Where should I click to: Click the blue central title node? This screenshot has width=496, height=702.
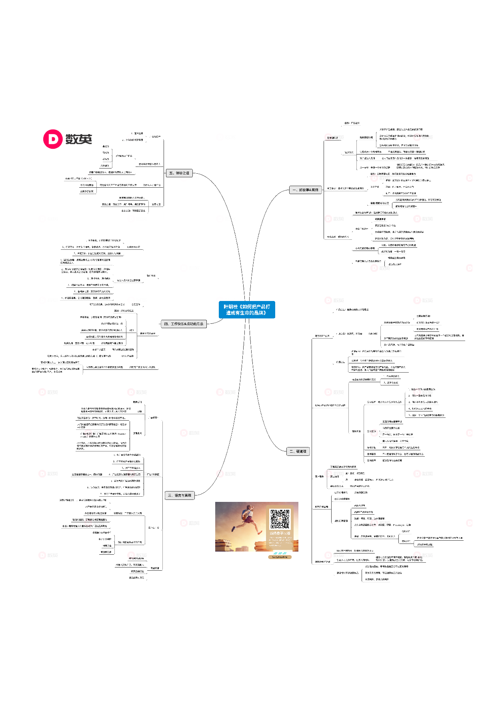(247, 310)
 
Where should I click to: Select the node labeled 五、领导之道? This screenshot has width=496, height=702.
(179, 173)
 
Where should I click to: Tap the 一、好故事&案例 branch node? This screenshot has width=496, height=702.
(305, 190)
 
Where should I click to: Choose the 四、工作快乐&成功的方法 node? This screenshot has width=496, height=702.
(184, 324)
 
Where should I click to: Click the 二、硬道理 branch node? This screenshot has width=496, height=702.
(298, 451)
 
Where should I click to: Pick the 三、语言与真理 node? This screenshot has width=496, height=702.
(179, 495)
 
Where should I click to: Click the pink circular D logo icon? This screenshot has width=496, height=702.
(53, 139)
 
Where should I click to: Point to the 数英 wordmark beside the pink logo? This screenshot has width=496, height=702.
(79, 139)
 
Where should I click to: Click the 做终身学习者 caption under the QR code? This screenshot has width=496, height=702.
(280, 533)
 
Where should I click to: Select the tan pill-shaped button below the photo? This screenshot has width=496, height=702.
(280, 557)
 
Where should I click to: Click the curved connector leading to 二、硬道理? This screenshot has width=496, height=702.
(264, 420)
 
